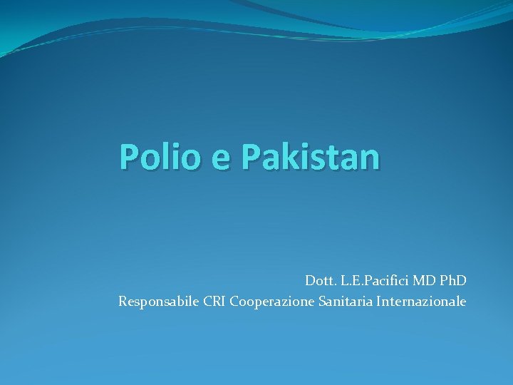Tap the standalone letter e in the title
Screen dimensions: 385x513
(x=222, y=159)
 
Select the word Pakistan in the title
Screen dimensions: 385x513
(x=311, y=157)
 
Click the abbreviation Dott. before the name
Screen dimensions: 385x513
(x=318, y=281)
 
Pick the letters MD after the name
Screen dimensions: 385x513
(x=422, y=281)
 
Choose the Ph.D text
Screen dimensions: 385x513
(x=452, y=281)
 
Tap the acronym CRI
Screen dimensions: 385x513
(x=214, y=302)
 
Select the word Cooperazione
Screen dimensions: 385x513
(x=271, y=302)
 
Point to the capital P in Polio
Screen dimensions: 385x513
(x=129, y=157)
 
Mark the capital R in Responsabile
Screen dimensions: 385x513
(x=123, y=302)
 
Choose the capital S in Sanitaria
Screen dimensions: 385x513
(x=321, y=302)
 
